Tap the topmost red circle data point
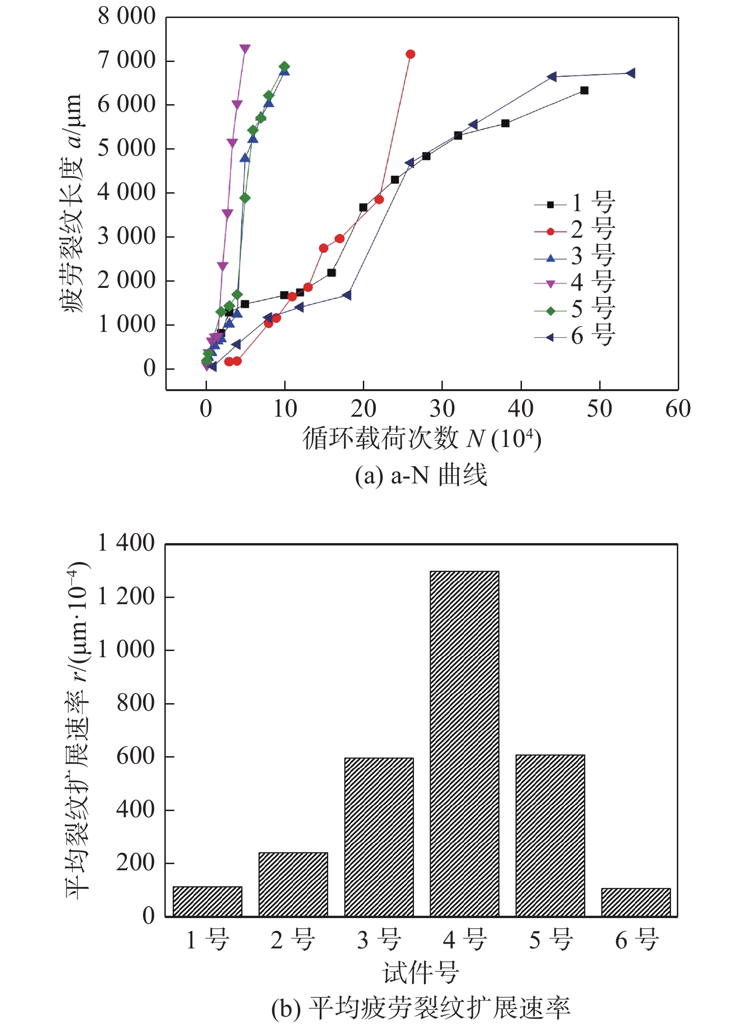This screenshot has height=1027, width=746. pos(411,54)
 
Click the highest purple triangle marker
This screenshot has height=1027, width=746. pos(245,49)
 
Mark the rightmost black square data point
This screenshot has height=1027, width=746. pos(584,90)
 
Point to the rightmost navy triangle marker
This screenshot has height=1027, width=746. pos(630,73)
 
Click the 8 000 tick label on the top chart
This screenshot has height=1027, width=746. pos(126,17)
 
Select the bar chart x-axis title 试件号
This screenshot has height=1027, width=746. pos(421,972)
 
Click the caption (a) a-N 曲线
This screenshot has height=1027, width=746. pos(421,475)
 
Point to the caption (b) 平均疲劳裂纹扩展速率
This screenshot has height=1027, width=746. pos(421,1008)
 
